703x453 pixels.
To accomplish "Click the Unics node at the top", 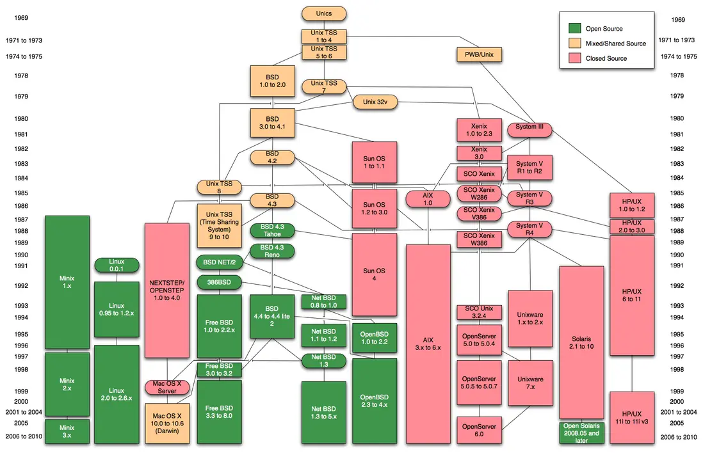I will (x=324, y=13).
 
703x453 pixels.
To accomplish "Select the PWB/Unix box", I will (x=480, y=54).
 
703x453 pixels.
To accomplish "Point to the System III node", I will (x=529, y=127).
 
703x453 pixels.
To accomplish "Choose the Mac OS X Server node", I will (x=167, y=387).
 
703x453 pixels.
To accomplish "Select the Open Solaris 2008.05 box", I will (x=581, y=433).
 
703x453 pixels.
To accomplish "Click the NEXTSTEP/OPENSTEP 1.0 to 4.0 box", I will (x=167, y=290).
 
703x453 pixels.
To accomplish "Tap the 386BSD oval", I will (x=219, y=281).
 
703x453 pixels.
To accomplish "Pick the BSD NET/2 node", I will (x=219, y=262).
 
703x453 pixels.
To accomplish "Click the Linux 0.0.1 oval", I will (x=117, y=266).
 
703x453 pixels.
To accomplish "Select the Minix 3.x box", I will (x=67, y=431).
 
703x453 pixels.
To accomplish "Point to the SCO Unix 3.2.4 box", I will (x=479, y=312).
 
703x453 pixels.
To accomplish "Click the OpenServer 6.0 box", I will (x=479, y=430).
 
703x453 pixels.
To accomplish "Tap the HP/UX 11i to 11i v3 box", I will (x=632, y=417).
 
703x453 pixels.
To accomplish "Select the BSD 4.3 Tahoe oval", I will (x=272, y=230).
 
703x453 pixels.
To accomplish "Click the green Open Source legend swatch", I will (x=574, y=29).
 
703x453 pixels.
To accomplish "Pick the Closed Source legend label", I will (x=606, y=58).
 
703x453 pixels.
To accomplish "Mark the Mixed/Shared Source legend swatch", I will (x=574, y=44).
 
